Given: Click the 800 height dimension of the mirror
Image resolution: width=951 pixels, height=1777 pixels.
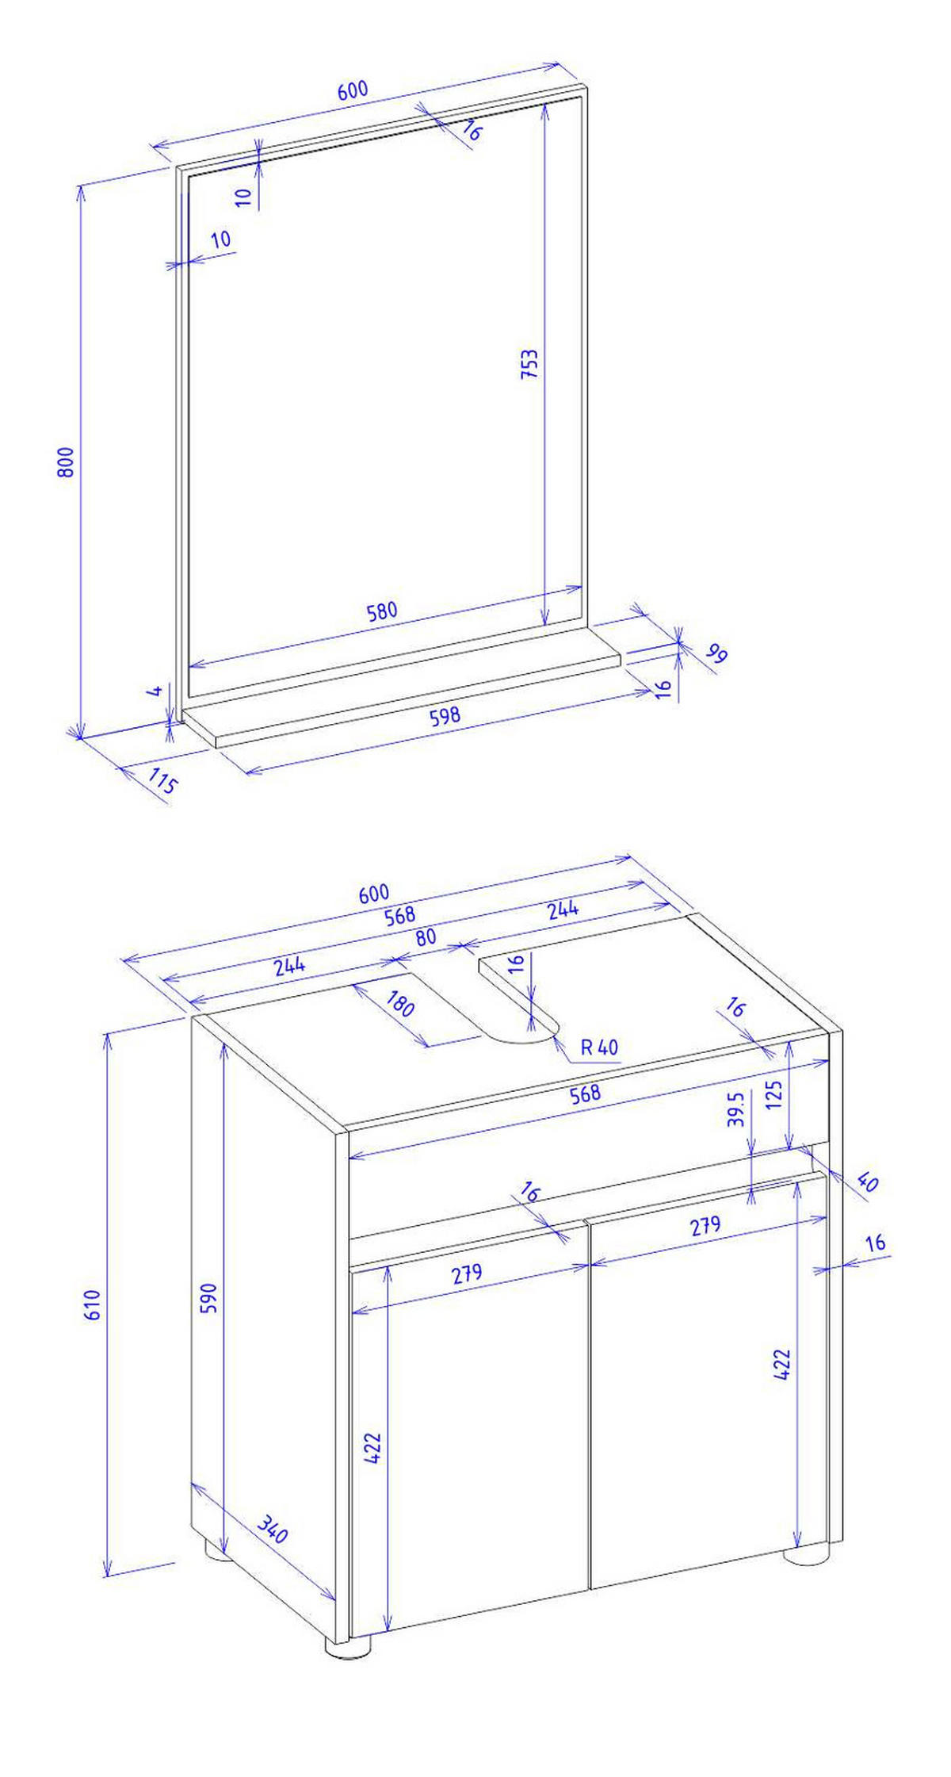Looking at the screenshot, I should tap(67, 461).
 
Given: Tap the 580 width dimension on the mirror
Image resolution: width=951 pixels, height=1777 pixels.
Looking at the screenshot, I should tap(381, 612).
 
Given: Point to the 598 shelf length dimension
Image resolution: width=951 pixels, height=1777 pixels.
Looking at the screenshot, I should tap(445, 716).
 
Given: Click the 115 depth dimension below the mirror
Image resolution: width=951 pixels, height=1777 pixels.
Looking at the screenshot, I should tap(162, 784).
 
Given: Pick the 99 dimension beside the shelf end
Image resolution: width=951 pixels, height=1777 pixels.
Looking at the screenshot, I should tap(716, 655).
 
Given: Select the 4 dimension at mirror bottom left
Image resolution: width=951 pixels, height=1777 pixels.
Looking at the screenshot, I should tap(157, 691).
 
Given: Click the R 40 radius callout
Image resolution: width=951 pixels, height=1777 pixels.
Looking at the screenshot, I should tap(599, 1047).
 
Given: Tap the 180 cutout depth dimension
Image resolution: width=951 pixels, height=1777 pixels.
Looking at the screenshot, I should tap(400, 1005).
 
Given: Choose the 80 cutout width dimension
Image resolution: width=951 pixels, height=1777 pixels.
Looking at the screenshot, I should tap(426, 936).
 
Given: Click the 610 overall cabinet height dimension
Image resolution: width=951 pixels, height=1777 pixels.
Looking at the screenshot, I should tap(93, 1304).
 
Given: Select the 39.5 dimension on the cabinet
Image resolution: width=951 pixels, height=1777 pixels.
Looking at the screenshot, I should tap(735, 1109).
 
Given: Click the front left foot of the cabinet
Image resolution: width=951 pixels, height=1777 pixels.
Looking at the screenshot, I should tap(348, 1645).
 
